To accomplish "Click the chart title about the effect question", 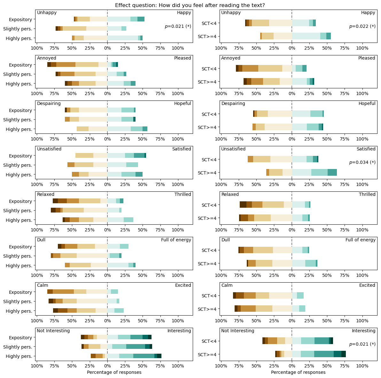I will (190, 5).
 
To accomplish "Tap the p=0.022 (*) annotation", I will (362, 26).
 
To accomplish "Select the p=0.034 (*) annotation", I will (362, 162).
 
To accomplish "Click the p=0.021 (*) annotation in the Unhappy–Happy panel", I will (178, 26).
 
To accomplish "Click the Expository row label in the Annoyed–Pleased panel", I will (20, 65).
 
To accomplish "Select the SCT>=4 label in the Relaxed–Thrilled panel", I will (207, 218).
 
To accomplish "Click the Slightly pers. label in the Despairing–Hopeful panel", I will (18, 120).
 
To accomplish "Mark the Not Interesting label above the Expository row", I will (53, 331).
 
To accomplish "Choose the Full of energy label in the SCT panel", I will (360, 240).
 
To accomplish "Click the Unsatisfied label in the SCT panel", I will (233, 149).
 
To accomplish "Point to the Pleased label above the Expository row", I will (183, 58).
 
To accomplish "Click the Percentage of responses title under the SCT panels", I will (298, 372).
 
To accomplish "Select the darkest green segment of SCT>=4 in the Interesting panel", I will (344, 354).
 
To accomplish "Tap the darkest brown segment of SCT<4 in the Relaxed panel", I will (243, 205).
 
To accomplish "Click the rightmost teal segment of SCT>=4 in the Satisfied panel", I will (332, 173).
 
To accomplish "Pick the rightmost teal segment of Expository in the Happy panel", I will (141, 19).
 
